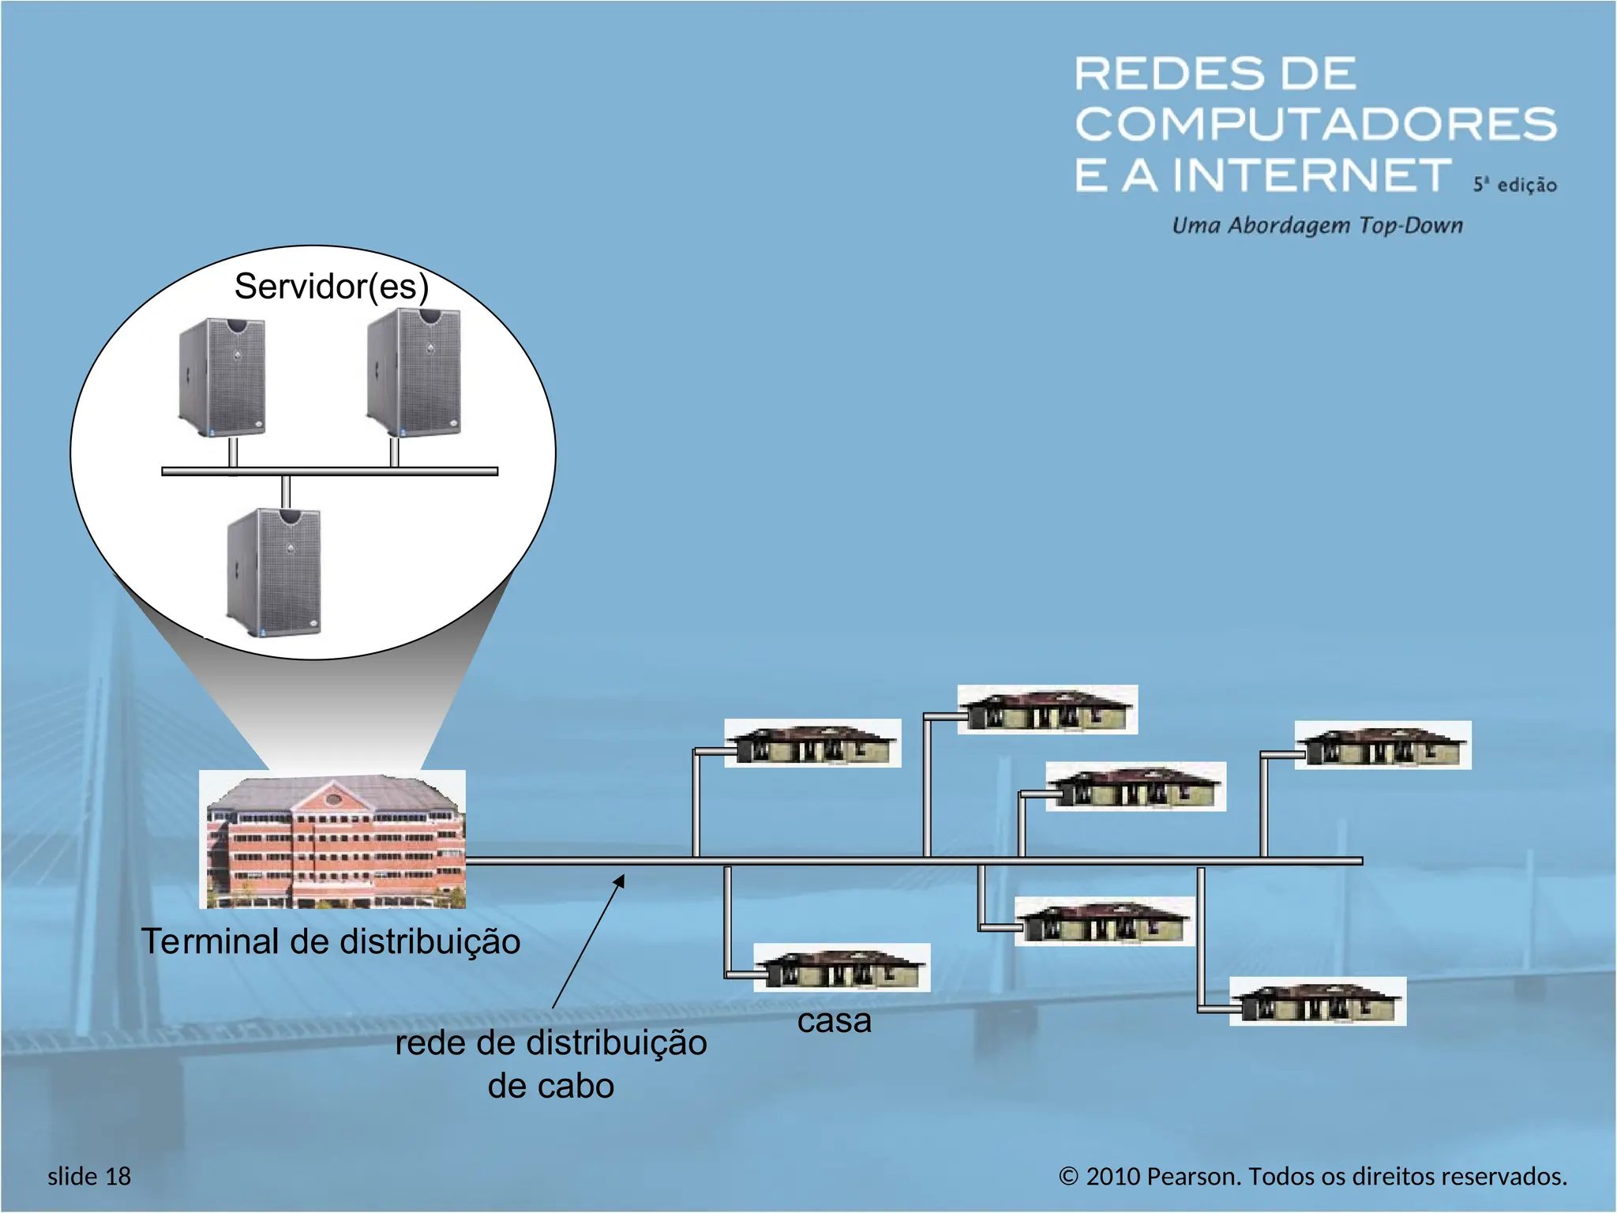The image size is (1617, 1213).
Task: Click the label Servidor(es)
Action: coord(331,286)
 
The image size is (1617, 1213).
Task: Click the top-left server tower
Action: coord(222,377)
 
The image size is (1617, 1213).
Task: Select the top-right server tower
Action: coord(414,371)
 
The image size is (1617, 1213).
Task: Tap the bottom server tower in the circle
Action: coord(274,573)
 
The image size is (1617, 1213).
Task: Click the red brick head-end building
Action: coord(332,839)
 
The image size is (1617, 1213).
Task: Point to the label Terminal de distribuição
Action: coord(331,941)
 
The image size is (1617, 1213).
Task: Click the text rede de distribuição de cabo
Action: coord(550,1064)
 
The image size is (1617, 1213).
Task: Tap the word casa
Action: coord(834,1020)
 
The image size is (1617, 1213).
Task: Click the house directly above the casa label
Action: coord(842,967)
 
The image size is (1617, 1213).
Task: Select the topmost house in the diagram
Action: coord(1047,709)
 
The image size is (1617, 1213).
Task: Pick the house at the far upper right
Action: coord(1383,745)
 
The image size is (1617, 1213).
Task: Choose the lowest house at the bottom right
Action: coord(1318,1001)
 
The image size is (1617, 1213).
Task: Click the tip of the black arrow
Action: coord(624,875)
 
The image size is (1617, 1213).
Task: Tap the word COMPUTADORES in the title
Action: coord(1315,124)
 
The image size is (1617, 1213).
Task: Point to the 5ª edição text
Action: coord(1514,185)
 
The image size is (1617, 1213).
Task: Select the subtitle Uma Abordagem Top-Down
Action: coord(1317,226)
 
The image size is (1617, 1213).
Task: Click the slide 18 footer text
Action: coord(89,1176)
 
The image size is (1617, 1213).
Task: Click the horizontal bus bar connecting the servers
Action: coord(329,471)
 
